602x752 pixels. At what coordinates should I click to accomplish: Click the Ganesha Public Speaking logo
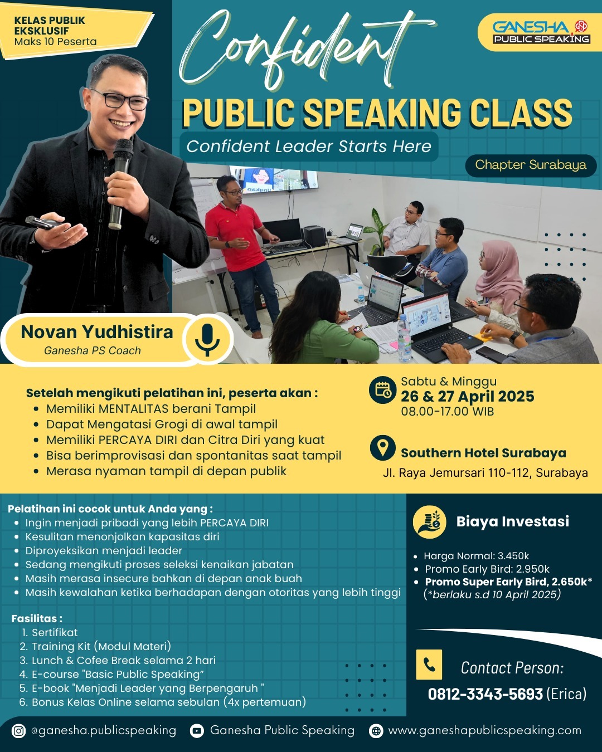tap(541, 32)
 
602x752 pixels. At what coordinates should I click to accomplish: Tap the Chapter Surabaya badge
tap(531, 165)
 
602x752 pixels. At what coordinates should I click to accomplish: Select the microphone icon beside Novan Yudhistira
tap(207, 340)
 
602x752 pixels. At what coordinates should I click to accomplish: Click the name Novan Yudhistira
tap(97, 332)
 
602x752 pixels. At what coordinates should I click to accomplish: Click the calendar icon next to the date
tap(383, 389)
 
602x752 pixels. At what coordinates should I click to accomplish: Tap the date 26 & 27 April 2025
tap(467, 396)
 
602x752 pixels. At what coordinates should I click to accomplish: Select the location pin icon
tap(383, 448)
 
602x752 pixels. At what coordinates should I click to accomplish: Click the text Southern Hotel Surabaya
tap(483, 453)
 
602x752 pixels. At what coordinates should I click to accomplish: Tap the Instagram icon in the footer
tap(18, 731)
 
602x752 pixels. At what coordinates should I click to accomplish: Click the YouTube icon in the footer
tap(197, 731)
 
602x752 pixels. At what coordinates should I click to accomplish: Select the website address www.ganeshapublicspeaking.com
tap(485, 731)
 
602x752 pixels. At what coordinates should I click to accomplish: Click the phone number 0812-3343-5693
tap(486, 694)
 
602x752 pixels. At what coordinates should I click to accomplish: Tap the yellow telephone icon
tap(429, 665)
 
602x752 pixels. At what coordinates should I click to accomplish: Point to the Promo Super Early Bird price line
tap(508, 582)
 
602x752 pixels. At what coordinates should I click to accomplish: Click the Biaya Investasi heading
tap(512, 521)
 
